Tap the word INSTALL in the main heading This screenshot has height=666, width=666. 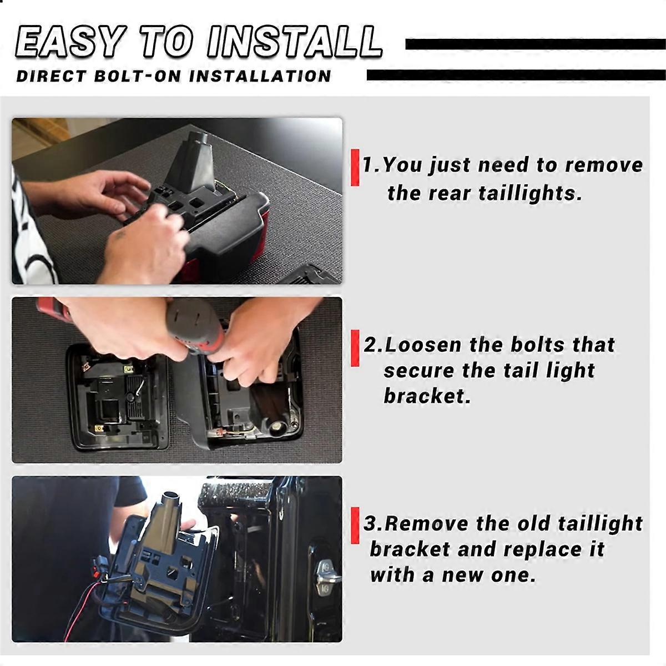(295, 41)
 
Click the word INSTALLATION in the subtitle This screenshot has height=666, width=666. (260, 76)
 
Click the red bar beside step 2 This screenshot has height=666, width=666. (355, 348)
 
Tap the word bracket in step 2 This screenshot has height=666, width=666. (426, 396)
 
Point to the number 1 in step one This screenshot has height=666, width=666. (368, 165)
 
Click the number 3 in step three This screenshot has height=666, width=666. (370, 523)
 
